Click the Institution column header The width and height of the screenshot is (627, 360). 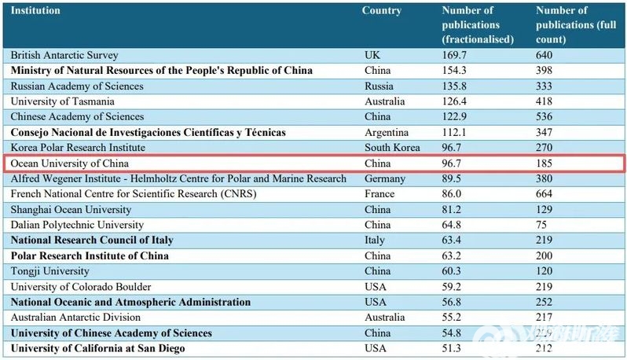(35, 11)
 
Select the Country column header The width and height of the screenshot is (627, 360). (381, 11)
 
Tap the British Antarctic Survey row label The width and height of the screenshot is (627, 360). (64, 55)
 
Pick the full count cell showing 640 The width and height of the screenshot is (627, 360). (544, 55)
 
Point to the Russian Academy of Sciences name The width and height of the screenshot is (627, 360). (77, 86)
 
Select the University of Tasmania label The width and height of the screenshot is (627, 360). (63, 101)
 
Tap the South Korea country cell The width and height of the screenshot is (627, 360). (392, 148)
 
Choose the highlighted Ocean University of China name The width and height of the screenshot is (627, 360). (69, 163)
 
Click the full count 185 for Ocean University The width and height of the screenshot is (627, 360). (544, 163)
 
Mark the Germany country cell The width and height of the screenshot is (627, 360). (386, 178)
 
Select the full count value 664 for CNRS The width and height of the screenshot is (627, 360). (544, 193)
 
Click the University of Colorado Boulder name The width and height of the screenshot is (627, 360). (81, 287)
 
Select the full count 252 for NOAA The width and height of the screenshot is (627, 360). (544, 302)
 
